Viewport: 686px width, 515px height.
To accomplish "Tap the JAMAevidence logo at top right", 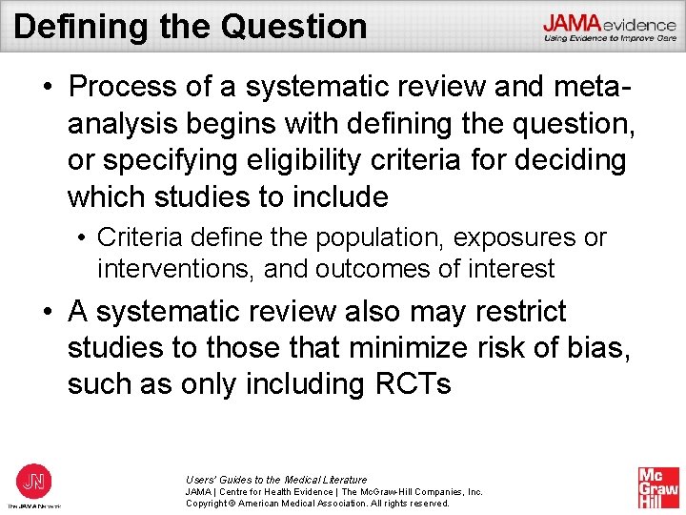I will pos(610,28).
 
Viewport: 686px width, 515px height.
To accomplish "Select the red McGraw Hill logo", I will pos(658,487).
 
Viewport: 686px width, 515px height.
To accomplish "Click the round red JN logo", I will pos(34,480).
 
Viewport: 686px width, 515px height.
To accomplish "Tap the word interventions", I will pos(175,270).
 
